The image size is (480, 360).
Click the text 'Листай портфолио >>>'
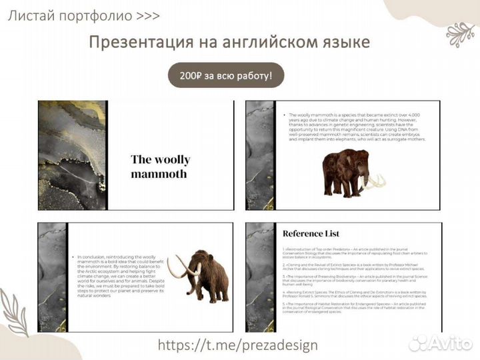83,16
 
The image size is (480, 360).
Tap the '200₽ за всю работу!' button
226,76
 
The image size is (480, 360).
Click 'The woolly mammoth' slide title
160,167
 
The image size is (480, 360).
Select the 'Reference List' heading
311,233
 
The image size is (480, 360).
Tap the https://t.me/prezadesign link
237,345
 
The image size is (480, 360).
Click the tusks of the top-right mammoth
377,181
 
